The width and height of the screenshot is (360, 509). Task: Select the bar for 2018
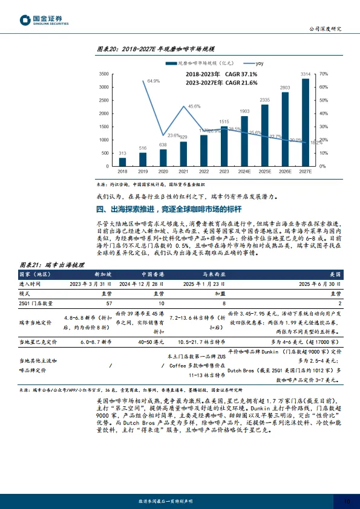pyautogui.click(x=122, y=161)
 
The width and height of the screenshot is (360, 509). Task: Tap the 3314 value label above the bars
pyautogui.click(x=306, y=74)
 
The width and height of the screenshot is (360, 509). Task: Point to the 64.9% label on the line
pyautogui.click(x=153, y=80)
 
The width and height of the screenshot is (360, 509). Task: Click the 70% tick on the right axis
pyautogui.click(x=323, y=74)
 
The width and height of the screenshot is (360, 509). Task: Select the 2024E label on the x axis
pyautogui.click(x=244, y=171)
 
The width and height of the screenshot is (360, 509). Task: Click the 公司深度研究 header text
pyautogui.click(x=326, y=28)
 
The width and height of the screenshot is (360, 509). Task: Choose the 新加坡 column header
pyautogui.click(x=103, y=274)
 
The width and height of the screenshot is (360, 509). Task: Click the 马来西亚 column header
pyautogui.click(x=214, y=274)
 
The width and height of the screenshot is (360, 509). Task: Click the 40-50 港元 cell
pyautogui.click(x=154, y=342)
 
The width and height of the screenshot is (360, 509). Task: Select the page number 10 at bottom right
pyautogui.click(x=347, y=501)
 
